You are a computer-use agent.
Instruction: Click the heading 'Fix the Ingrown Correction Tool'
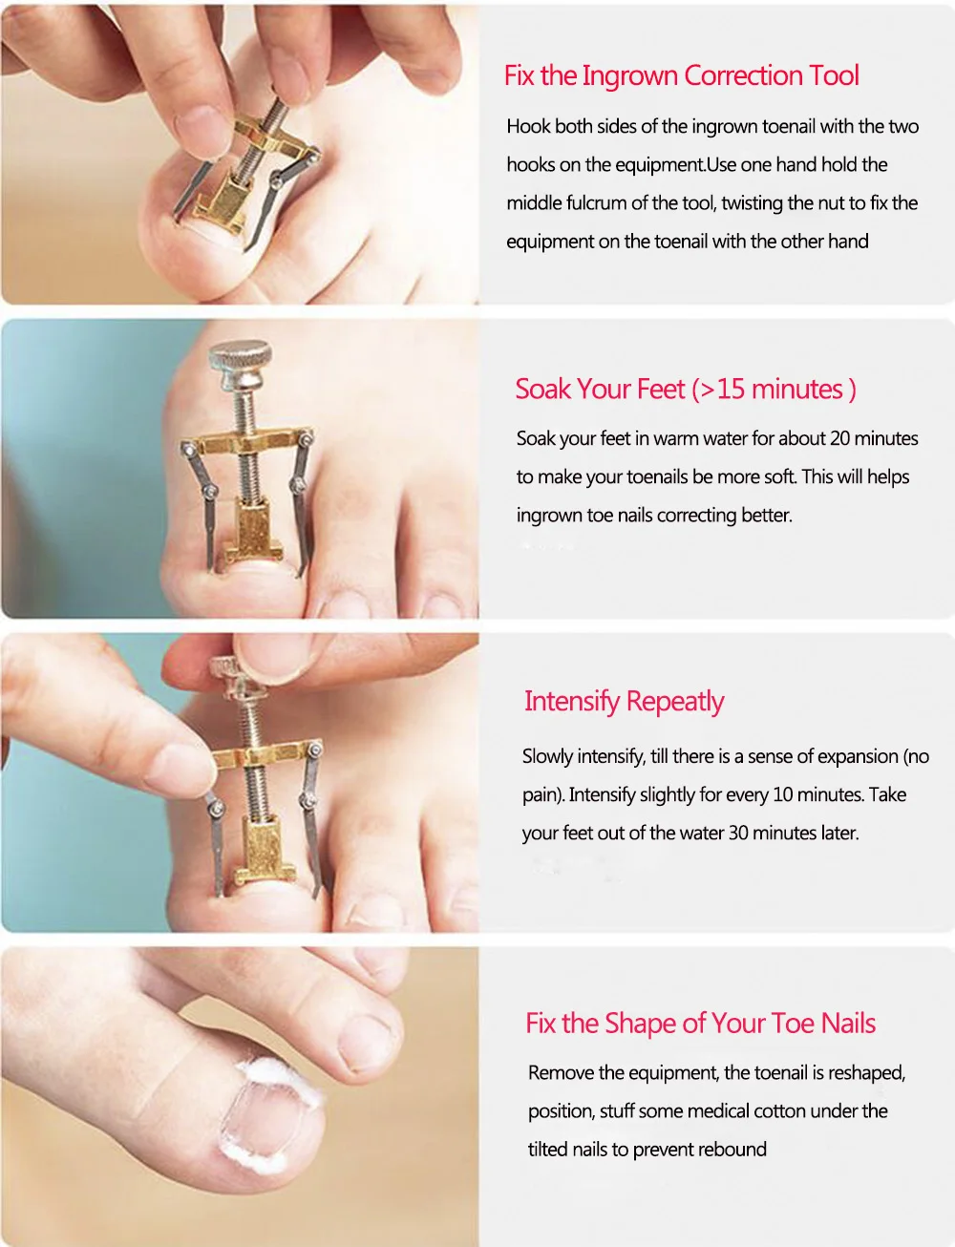[x=681, y=76]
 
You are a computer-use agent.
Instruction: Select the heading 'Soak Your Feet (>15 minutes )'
[x=685, y=390]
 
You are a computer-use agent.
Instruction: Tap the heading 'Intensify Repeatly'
[x=624, y=702]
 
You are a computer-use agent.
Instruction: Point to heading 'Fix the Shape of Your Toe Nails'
[x=700, y=1024]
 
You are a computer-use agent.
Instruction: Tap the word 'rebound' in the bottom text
[x=732, y=1150]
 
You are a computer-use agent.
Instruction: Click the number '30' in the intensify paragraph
[x=738, y=833]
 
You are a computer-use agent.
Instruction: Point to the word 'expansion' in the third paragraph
[x=849, y=756]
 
